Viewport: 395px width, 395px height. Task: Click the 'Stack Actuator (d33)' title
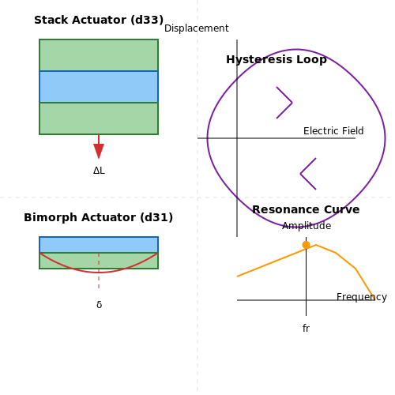pos(99,20)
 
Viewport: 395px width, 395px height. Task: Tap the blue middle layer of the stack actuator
pos(99,87)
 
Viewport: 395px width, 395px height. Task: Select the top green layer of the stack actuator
pos(99,55)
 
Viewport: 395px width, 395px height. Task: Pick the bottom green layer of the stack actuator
pos(99,118)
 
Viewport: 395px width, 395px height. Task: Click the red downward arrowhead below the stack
pos(99,151)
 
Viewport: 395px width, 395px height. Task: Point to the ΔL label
pos(99,171)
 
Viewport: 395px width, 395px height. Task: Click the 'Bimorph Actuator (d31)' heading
pos(99,217)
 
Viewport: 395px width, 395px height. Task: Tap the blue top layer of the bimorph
pos(99,245)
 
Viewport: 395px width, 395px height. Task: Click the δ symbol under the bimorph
pos(99,305)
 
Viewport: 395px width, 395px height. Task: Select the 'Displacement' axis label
pos(197,28)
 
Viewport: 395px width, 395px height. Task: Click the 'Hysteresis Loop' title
pos(276,59)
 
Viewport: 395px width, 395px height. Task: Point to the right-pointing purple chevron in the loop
pos(284,103)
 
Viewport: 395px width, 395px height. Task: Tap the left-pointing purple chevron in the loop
pos(308,174)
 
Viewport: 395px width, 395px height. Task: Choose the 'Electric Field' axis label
pos(333,131)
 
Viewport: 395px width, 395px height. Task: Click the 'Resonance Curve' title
pos(306,209)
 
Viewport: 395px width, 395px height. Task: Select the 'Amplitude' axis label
pos(307,226)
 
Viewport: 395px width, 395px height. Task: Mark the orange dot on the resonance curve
pos(306,245)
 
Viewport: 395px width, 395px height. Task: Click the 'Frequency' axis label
pos(362,297)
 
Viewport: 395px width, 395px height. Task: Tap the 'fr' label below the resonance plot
pos(306,329)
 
